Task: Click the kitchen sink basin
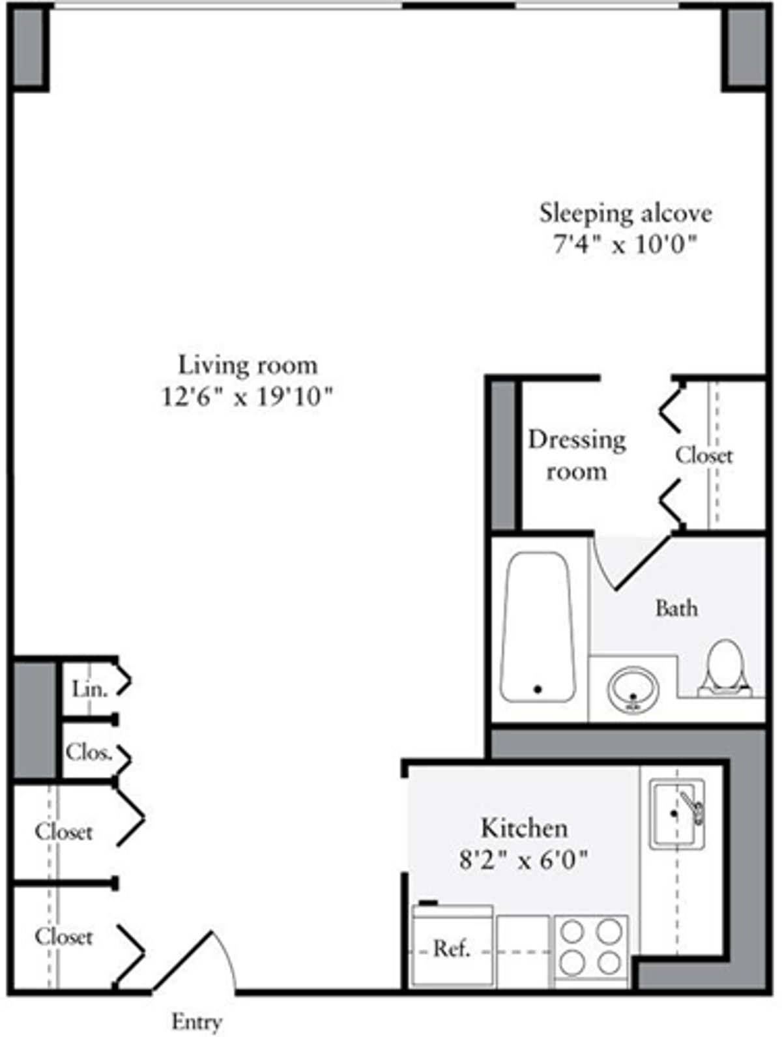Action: [x=676, y=814]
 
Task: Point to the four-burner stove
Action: [x=591, y=948]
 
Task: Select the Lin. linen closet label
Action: [x=89, y=688]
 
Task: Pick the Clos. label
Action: [x=89, y=752]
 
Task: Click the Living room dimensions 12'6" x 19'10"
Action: [x=248, y=396]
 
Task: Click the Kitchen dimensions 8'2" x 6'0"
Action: [x=524, y=860]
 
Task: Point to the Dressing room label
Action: [x=577, y=455]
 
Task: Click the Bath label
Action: [x=676, y=608]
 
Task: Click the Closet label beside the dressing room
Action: [x=704, y=455]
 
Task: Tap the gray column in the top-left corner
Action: [x=29, y=47]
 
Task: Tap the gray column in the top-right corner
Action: [x=747, y=47]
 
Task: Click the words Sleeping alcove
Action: [x=626, y=213]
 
